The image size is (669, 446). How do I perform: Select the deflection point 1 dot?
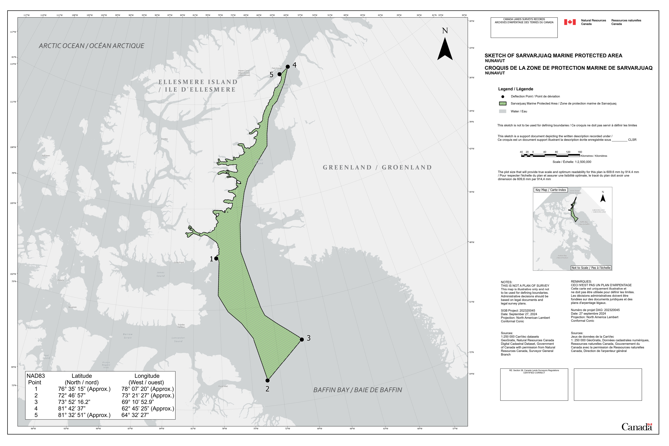point(216,259)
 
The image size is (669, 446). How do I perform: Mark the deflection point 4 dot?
point(288,67)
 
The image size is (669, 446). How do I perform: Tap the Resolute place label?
point(73,307)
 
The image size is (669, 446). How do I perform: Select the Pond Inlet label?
point(223,386)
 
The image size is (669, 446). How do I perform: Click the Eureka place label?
point(164,139)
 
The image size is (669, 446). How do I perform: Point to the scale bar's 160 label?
point(580,152)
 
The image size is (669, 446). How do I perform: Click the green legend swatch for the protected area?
point(503,103)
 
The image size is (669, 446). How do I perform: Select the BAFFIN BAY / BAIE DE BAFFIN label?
point(358,390)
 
